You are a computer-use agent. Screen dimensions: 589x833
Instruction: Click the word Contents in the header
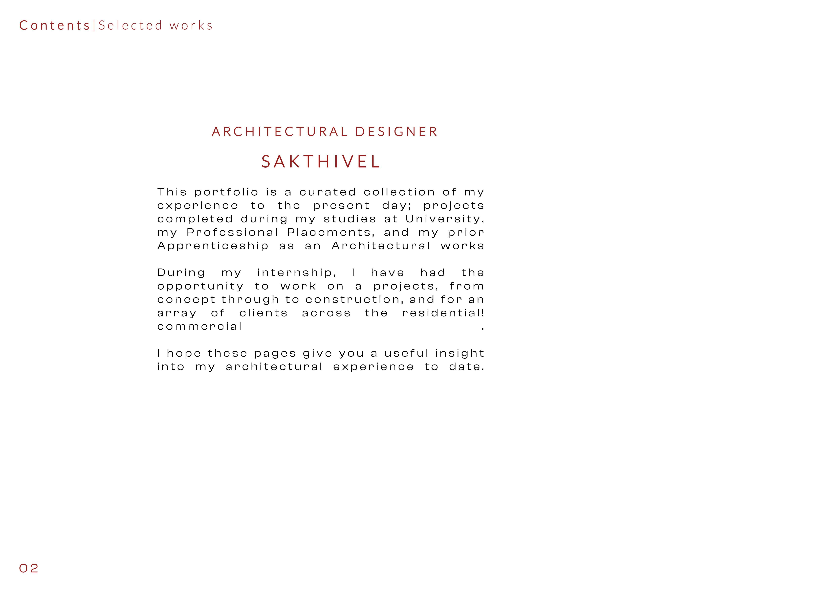coord(54,25)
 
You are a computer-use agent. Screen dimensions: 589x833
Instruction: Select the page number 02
coord(29,568)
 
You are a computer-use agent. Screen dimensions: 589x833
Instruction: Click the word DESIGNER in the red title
coord(397,132)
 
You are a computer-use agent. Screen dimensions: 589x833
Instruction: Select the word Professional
coord(232,233)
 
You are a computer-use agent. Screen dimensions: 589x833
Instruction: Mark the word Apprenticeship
coord(213,246)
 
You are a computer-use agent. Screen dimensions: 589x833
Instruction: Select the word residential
coord(443,313)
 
